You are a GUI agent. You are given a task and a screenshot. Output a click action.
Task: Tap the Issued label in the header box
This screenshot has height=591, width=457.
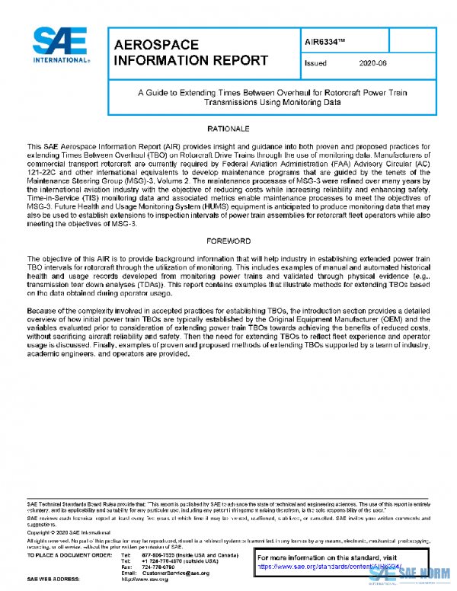click(315, 63)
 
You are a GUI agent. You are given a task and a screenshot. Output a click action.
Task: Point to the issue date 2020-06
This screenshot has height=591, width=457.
click(373, 63)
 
